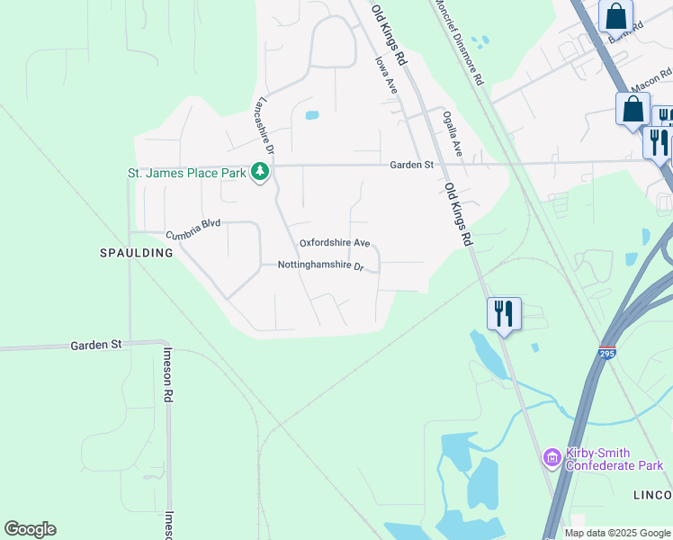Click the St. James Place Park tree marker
point(260,171)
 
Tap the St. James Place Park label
point(186,173)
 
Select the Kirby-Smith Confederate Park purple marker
point(551,459)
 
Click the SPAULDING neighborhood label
point(136,253)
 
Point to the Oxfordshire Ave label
point(335,243)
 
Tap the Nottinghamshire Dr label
point(320,266)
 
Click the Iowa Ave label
point(386,76)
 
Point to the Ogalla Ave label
point(452,134)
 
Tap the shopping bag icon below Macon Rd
point(633,110)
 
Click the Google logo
point(30,529)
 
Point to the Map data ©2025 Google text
point(616,533)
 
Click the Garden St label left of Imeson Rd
point(96,345)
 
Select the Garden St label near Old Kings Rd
point(412,165)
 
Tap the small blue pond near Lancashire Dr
point(312,115)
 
